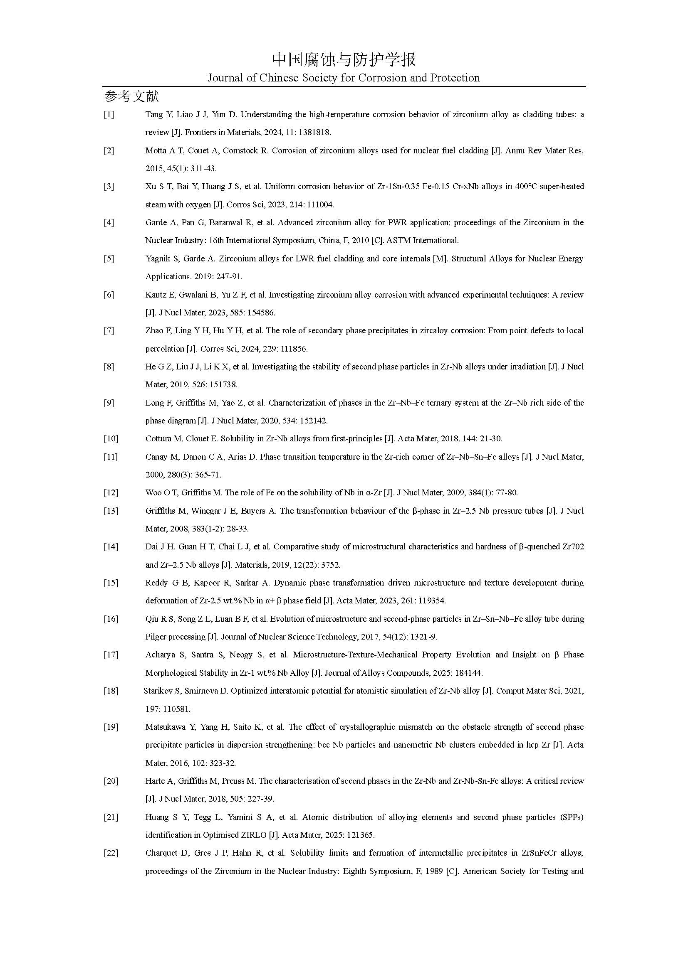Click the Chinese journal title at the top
(344, 59)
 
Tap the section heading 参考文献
(131, 97)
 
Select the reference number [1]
(109, 114)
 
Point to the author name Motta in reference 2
(156, 150)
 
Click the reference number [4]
(109, 222)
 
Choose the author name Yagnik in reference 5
(158, 258)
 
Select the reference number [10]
(111, 438)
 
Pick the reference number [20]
(111, 781)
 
